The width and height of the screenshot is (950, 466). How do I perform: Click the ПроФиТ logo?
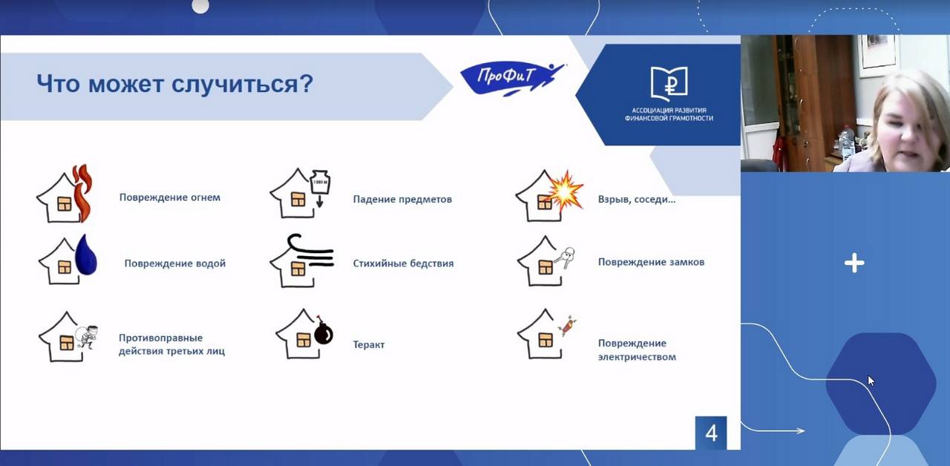(x=512, y=79)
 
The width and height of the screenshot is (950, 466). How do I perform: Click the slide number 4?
(x=711, y=433)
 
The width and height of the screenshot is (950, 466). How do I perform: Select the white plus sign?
(x=854, y=263)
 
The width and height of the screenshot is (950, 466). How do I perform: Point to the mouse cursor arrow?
(x=871, y=381)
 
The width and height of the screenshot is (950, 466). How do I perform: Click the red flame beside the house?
(x=82, y=193)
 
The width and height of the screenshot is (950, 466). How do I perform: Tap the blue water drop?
(x=86, y=255)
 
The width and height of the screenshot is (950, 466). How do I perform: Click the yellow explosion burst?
(x=564, y=191)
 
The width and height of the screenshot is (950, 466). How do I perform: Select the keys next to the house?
(x=566, y=257)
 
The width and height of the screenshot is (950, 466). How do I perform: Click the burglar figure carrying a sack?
(x=88, y=337)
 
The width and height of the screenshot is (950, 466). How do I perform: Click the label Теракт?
(x=369, y=345)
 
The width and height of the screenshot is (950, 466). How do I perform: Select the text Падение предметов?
(x=402, y=200)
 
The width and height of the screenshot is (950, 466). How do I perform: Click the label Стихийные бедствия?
(x=403, y=263)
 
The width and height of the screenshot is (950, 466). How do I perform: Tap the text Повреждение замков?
(x=651, y=262)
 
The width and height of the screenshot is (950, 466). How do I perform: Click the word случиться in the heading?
(x=242, y=84)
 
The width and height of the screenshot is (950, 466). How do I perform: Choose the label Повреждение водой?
(x=174, y=263)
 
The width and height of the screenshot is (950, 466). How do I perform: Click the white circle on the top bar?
(x=200, y=5)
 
